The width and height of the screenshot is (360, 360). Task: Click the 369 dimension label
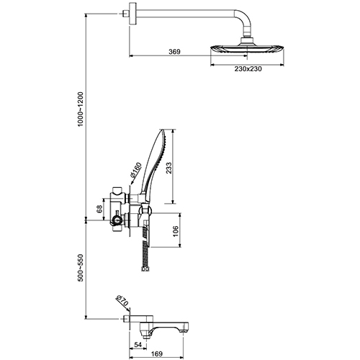click(x=174, y=52)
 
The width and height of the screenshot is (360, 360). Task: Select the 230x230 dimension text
click(x=248, y=69)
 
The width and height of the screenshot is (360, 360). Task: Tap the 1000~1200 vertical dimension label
click(x=80, y=109)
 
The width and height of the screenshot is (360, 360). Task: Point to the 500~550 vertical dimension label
click(x=80, y=268)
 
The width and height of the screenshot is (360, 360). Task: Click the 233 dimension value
click(x=169, y=168)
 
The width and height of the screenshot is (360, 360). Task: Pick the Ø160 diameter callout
click(x=136, y=170)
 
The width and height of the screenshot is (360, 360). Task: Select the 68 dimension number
click(x=99, y=209)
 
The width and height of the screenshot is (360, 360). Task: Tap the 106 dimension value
click(x=176, y=231)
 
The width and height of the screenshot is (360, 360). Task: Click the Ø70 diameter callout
click(x=122, y=301)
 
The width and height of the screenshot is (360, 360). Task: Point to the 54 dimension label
click(x=138, y=345)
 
